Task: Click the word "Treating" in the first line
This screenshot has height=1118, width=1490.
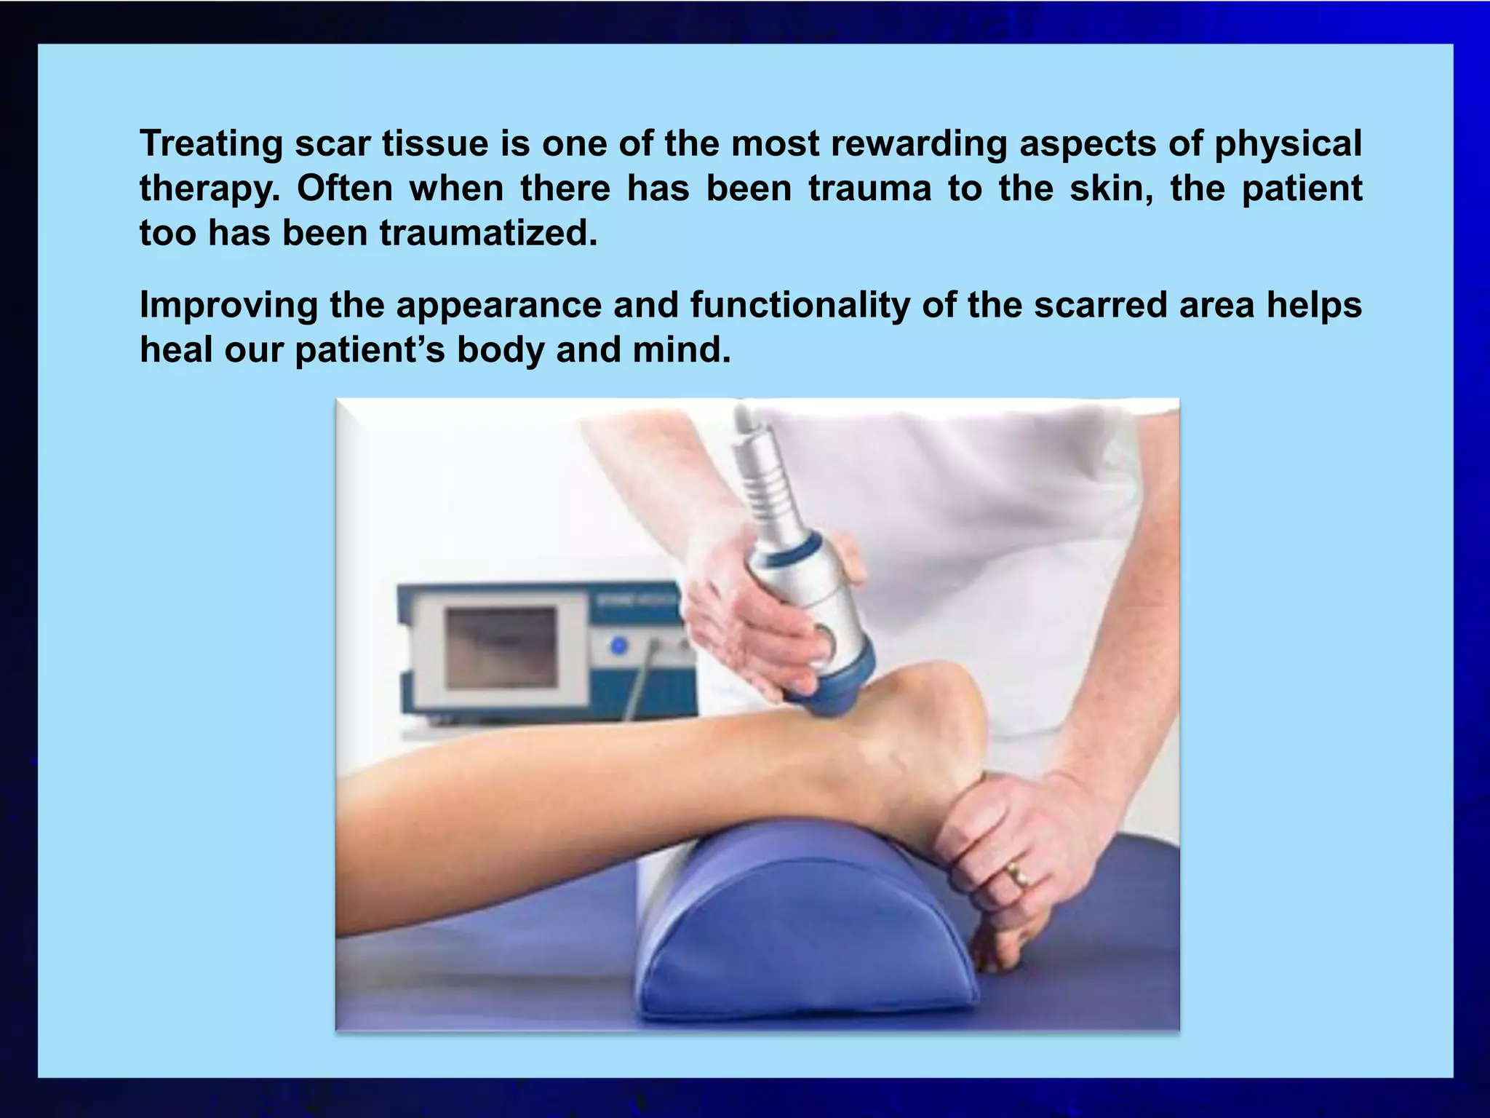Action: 211,144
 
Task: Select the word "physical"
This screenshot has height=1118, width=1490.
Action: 1288,144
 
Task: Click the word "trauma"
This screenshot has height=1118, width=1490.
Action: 869,189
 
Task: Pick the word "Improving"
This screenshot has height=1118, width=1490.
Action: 228,306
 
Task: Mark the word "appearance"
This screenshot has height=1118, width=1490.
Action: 498,306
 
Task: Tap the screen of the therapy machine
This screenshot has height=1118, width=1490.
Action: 501,648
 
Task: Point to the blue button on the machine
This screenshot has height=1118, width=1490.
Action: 620,645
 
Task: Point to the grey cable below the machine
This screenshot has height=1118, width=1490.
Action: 640,699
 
